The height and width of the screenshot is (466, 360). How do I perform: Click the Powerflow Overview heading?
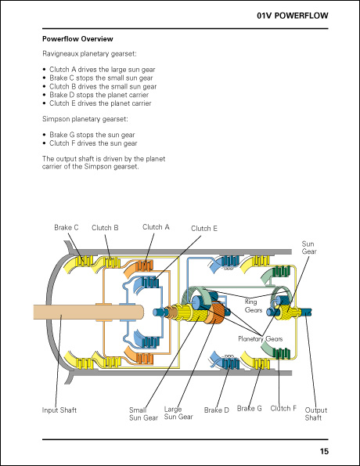click(77, 38)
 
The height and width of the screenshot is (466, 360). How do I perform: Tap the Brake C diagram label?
click(67, 227)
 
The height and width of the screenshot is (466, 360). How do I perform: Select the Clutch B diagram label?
click(105, 227)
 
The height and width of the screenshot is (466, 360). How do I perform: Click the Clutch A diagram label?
click(156, 227)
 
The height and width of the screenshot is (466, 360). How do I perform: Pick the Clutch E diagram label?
click(204, 228)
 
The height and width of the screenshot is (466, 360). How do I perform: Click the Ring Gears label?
click(254, 305)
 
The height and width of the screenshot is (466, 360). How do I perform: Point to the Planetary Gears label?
click(260, 338)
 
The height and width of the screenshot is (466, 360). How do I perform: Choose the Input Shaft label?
click(59, 410)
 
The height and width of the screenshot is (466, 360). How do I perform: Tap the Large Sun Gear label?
click(178, 413)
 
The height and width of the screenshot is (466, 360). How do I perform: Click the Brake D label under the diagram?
click(217, 410)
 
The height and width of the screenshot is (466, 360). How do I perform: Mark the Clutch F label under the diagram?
click(283, 408)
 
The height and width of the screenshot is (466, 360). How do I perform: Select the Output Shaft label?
click(315, 414)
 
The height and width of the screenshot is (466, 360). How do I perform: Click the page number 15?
click(324, 450)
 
